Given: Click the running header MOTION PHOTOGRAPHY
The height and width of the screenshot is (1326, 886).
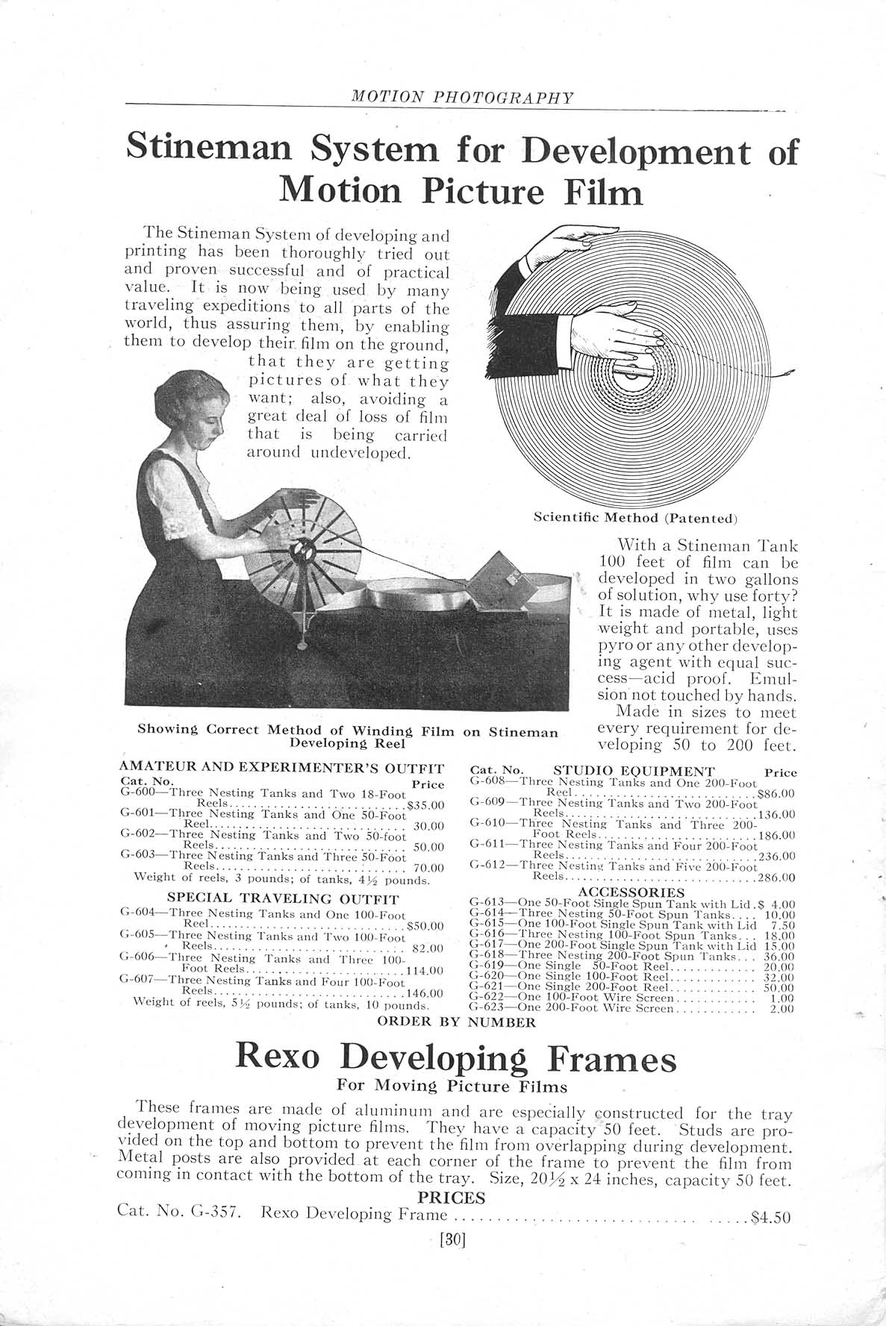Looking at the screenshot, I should point(462,98).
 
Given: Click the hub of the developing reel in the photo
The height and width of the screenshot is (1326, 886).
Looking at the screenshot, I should point(305,553).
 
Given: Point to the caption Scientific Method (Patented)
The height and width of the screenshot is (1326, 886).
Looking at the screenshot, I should point(636,516).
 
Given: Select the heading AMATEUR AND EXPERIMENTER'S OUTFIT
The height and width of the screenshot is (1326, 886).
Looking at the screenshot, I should point(282,769).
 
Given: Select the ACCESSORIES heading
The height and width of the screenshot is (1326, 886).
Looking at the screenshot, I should point(632,892).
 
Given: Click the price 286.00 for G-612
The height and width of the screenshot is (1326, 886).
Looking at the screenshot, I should point(776,878).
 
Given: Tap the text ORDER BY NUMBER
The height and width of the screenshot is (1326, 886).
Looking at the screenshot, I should point(457,1022).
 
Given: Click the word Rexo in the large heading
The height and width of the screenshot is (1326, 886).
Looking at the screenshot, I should point(277,1059).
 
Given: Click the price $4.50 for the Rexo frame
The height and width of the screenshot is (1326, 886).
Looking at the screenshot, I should point(770,1219).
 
